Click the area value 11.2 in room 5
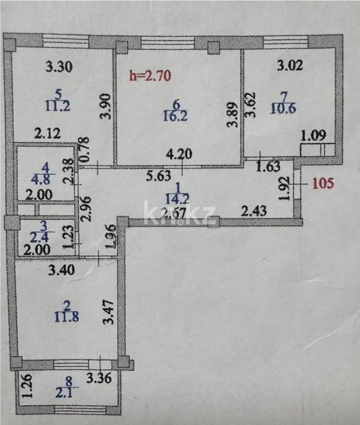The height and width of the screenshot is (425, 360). click(58, 106)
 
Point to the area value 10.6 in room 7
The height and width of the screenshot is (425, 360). click(284, 109)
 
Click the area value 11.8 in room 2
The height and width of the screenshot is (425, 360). click(66, 316)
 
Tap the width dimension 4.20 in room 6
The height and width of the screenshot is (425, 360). click(178, 156)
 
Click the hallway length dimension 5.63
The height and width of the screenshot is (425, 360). click(157, 177)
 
